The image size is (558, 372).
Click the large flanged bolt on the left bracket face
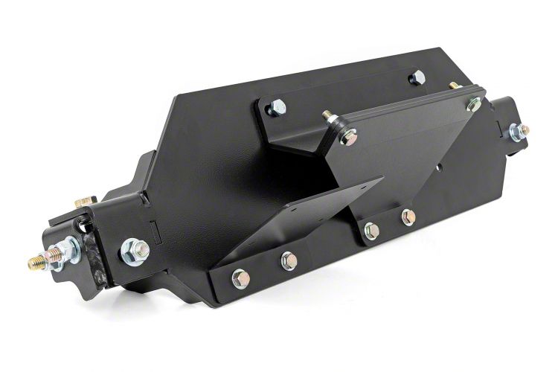[x=134, y=245]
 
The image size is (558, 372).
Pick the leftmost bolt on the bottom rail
[x=240, y=279]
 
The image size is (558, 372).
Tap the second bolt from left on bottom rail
[x=288, y=260]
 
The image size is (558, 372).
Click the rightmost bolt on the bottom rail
[x=407, y=217]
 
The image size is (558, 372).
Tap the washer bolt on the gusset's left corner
[x=347, y=136]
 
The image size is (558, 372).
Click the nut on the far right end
[x=515, y=132]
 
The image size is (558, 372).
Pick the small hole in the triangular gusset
[x=441, y=167]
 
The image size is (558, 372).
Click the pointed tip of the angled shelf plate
[x=381, y=179]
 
